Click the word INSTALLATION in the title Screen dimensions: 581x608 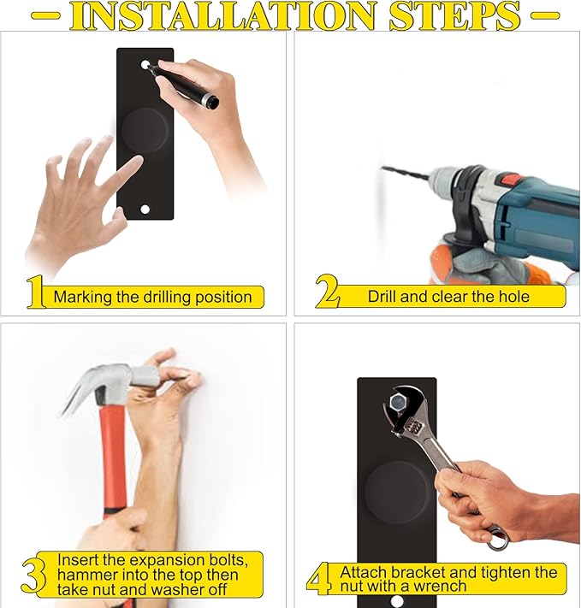[224, 16]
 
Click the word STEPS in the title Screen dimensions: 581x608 [455, 16]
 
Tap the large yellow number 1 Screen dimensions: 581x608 [35, 292]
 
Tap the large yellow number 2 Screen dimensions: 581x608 [327, 291]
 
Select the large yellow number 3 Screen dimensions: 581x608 [33, 575]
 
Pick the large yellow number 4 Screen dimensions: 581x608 [319, 579]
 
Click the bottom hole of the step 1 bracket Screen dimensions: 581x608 [145, 210]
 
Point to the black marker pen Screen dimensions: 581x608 [182, 86]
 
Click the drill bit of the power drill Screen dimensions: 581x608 [405, 173]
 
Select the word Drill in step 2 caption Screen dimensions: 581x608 [382, 297]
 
